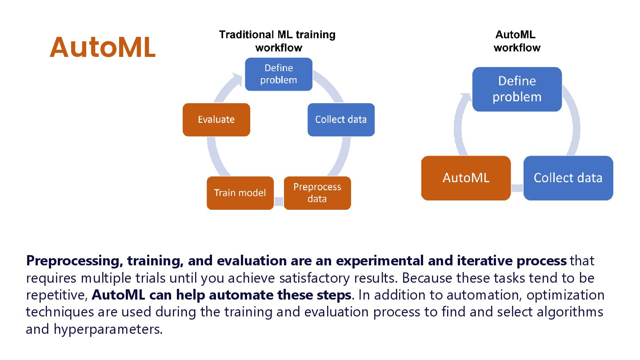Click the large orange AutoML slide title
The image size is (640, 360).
[103, 47]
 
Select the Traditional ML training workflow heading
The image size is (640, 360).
[277, 41]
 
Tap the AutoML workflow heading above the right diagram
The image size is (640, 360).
[516, 41]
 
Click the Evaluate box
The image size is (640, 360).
[216, 120]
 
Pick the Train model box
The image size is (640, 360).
[240, 193]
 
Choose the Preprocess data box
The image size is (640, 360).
[317, 193]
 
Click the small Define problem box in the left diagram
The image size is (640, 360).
[279, 74]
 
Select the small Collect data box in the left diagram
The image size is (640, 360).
[341, 120]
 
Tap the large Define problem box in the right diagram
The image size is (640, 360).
[517, 89]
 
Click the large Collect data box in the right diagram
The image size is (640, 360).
[568, 178]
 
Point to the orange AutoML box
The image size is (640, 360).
[466, 178]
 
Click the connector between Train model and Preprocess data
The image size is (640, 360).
[279, 202]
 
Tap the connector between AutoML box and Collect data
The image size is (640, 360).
[517, 188]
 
